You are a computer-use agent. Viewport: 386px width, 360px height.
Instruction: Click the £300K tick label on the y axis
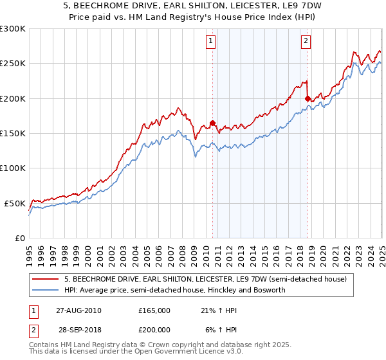pyautogui.click(x=13, y=29)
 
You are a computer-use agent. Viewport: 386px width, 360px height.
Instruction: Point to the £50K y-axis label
pyautogui.click(x=15, y=203)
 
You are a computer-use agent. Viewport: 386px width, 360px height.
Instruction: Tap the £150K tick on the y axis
pyautogui.click(x=13, y=134)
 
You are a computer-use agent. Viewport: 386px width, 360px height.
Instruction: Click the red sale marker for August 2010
pyautogui.click(x=212, y=123)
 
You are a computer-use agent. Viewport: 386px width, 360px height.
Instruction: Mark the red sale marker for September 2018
pyautogui.click(x=308, y=99)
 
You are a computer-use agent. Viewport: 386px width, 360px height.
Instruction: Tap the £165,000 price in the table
pyautogui.click(x=154, y=310)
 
